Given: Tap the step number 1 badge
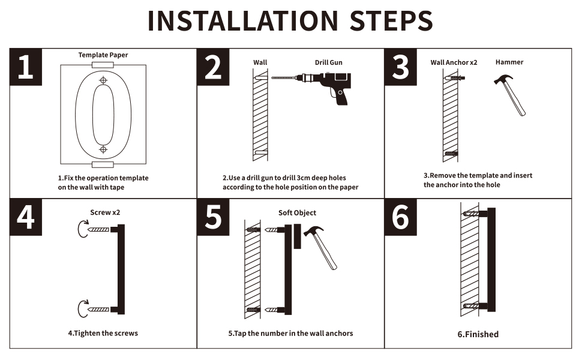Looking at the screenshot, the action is coord(26,67).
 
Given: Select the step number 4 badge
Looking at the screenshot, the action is coord(26,217).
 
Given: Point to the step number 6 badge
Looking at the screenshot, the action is coord(400,217).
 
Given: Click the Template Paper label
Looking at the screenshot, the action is coord(103,55).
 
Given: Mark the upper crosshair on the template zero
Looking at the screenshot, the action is coord(103,80).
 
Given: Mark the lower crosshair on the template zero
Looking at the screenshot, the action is coord(103,149).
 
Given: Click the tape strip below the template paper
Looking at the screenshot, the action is coord(103,164).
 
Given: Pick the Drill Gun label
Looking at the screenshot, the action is coord(328,62).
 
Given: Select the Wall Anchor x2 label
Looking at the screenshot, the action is coord(454,62).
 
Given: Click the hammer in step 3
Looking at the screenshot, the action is coord(511,95).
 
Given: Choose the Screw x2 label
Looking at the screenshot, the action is coord(105,212).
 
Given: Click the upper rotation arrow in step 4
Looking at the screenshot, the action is coord(82,229).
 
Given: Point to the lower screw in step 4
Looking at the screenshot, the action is coord(98,309).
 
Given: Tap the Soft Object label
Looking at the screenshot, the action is coord(298,212).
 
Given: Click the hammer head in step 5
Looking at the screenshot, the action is coord(314,231).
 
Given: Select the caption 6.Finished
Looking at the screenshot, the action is coord(478,334).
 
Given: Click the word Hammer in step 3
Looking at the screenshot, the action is coord(509,62).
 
